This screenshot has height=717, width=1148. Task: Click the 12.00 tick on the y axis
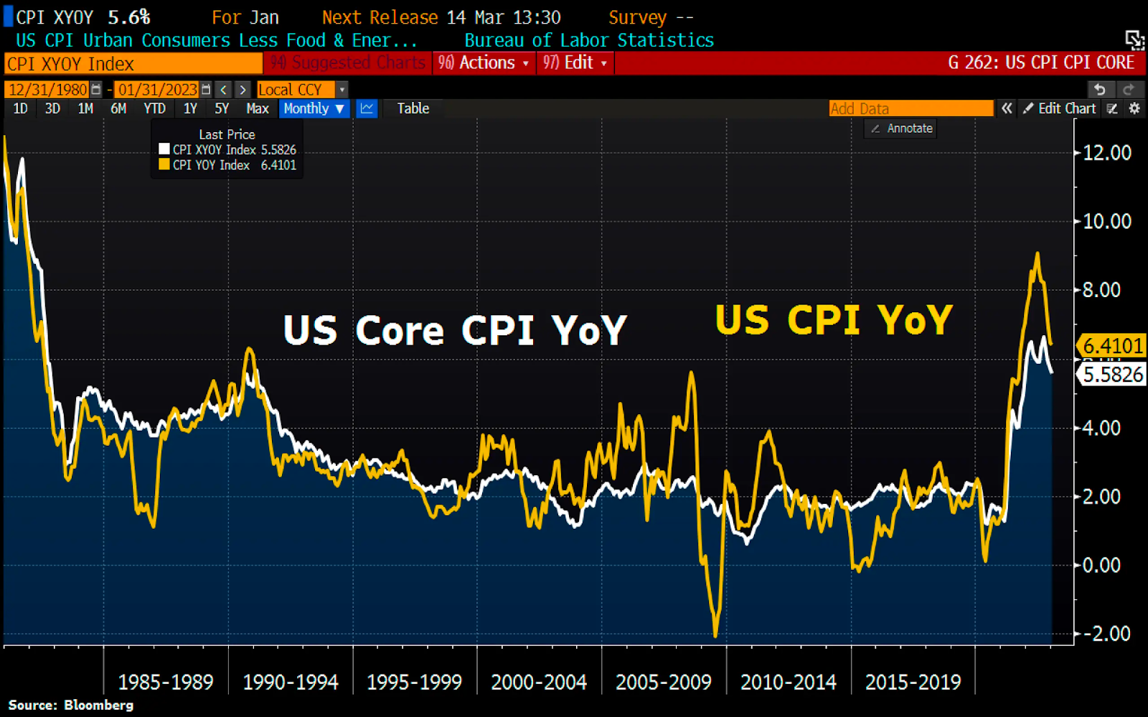[1106, 153]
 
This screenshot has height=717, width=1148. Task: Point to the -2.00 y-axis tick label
[1106, 634]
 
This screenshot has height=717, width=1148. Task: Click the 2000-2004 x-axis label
[539, 682]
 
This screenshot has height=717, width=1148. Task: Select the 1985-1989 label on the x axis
[166, 682]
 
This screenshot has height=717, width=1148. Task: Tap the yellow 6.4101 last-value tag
[1111, 346]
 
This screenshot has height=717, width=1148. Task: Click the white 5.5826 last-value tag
[1112, 375]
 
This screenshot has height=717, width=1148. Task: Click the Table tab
[413, 108]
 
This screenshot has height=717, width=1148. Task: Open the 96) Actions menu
[484, 63]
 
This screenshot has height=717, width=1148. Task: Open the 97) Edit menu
[575, 63]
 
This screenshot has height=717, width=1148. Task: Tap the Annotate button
[902, 128]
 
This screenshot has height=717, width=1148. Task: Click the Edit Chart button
[1060, 108]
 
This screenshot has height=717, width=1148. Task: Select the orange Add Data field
[911, 108]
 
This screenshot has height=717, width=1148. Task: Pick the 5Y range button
[222, 108]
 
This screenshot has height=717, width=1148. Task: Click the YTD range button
[154, 108]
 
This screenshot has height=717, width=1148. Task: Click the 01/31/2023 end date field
[158, 90]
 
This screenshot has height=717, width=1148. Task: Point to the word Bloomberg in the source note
[98, 705]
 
